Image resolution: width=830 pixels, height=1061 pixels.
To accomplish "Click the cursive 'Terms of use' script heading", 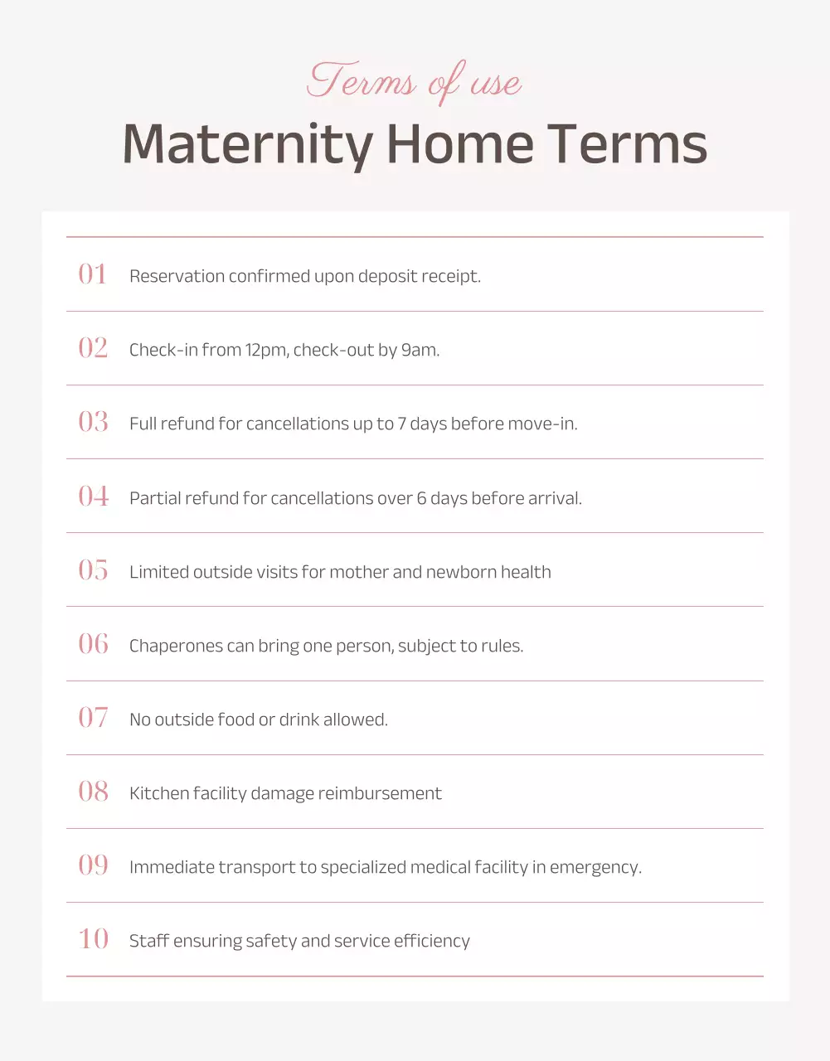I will (414, 82).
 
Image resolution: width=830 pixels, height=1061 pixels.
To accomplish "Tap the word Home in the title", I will (460, 145).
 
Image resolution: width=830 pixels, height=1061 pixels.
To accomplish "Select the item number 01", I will (93, 274).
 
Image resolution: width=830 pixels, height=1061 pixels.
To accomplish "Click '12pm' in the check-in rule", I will (266, 350).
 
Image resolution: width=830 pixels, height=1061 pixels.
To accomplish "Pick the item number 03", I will (93, 422).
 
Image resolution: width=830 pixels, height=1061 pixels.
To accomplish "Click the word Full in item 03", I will (143, 424).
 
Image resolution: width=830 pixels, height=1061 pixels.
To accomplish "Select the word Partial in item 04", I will (155, 498).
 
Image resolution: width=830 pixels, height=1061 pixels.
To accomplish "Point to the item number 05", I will (93, 570).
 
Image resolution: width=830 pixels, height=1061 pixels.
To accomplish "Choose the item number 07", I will (93, 718).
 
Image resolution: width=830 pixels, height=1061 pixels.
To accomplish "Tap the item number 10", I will (93, 939).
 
